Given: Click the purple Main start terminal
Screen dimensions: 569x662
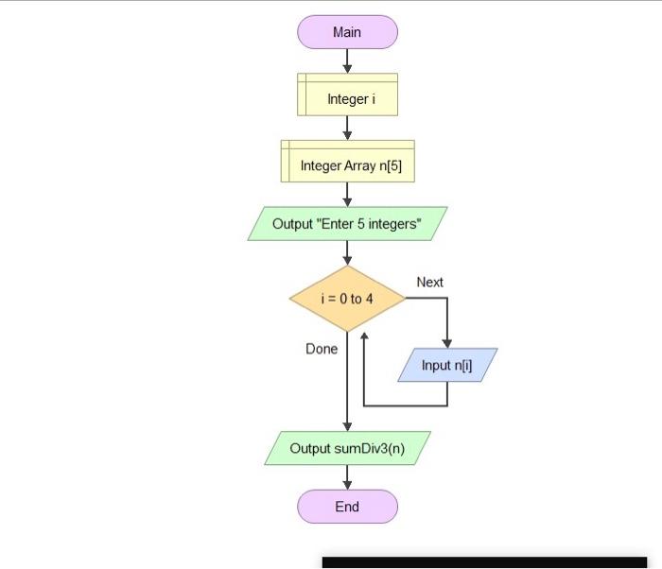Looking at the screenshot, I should tap(347, 32).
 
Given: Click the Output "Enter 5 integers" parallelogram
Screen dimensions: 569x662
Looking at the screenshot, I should tap(347, 224).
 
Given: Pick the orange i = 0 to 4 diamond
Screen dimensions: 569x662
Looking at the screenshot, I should tap(347, 299).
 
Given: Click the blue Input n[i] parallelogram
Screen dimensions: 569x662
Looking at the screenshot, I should tap(446, 365).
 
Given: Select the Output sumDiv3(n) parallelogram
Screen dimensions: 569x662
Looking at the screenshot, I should tap(347, 448).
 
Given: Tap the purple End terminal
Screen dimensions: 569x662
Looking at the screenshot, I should tap(347, 507).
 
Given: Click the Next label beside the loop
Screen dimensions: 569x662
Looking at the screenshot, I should tap(429, 282).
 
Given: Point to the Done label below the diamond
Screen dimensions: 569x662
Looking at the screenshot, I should tap(322, 349).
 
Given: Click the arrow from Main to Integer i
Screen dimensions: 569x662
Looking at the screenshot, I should tap(347, 60).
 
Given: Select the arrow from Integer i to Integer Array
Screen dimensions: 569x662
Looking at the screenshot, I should tap(347, 128).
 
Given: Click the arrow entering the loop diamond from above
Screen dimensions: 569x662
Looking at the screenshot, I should tap(347, 253).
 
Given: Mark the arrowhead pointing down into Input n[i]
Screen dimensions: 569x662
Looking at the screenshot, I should tap(446, 342).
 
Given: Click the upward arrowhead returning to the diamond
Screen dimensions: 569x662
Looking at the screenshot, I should tap(364, 337).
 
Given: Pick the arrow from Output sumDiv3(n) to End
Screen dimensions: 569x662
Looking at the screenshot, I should tap(347, 477).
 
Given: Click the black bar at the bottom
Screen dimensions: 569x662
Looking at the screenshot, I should tap(484, 562).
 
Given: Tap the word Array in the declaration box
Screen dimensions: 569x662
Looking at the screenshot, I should tap(357, 165).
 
